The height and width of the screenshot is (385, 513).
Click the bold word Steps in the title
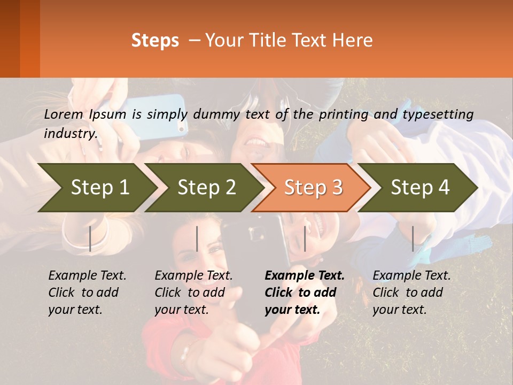(155, 41)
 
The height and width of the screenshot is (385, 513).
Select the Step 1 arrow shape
(96, 188)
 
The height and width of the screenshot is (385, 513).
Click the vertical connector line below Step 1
(90, 238)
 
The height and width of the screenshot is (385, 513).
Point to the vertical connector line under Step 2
(197, 238)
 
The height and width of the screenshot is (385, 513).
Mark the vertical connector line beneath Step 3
(305, 238)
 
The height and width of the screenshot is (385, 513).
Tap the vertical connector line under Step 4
(413, 238)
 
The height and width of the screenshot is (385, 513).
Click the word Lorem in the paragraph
(64, 114)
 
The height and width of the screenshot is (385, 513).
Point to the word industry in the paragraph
(71, 134)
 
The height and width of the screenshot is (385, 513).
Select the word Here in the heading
(353, 41)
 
